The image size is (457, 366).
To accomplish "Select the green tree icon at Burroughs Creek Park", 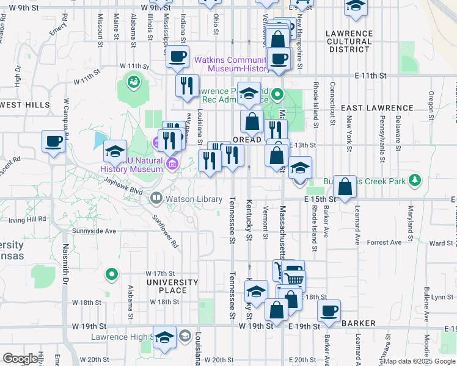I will pyautogui.click(x=415, y=180).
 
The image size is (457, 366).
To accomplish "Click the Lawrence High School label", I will pyautogui.click(x=122, y=337).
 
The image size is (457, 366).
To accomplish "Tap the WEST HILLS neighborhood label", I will pyautogui.click(x=25, y=105).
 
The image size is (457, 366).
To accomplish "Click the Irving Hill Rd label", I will pyautogui.click(x=24, y=218).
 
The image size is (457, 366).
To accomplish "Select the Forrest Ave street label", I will pyautogui.click(x=384, y=242).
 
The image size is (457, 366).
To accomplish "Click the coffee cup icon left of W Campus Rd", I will pyautogui.click(x=53, y=142).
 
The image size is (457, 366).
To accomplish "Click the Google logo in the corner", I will pyautogui.click(x=20, y=359).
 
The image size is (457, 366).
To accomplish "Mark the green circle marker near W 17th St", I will pyautogui.click(x=111, y=275).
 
